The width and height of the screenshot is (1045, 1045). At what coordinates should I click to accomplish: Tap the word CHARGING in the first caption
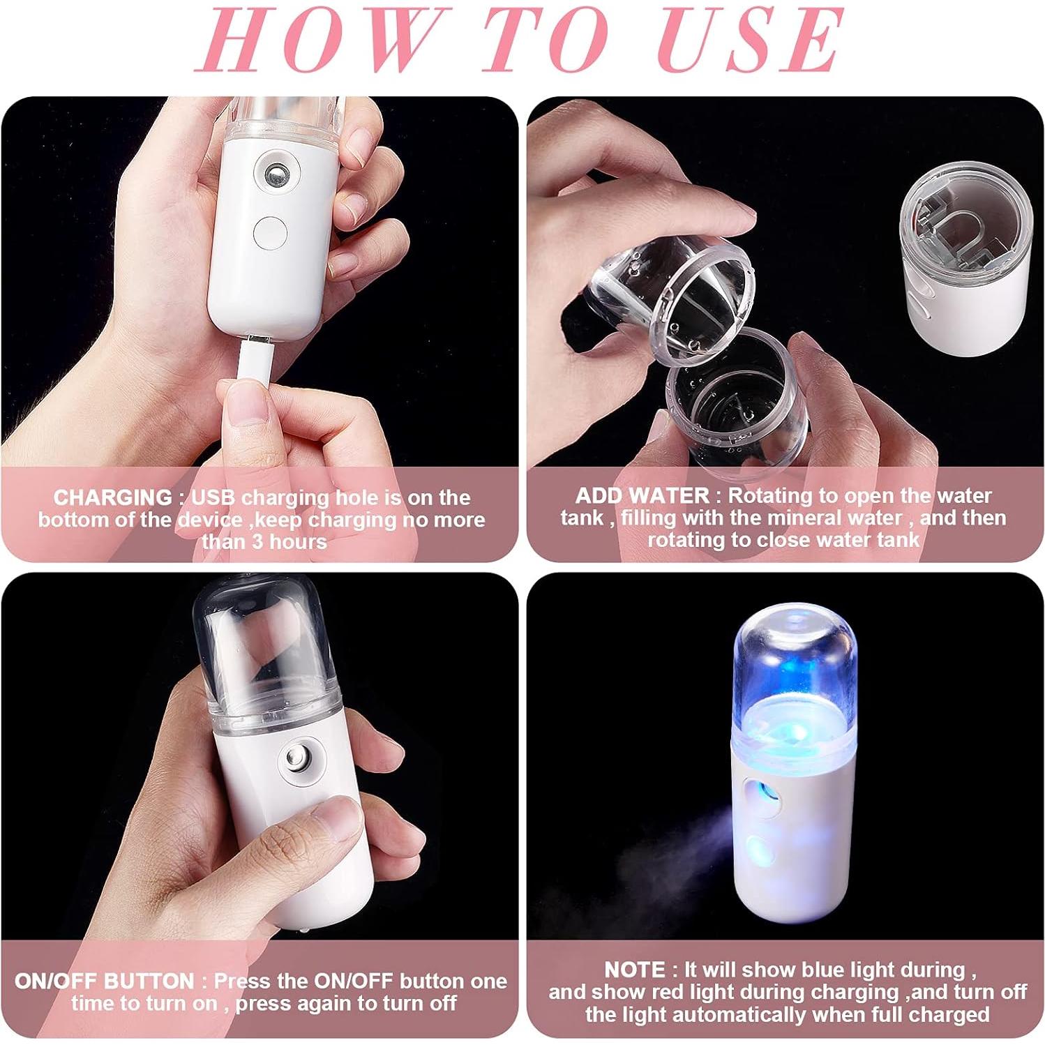tap(112, 497)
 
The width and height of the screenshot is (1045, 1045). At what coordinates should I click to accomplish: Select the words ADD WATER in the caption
tap(642, 496)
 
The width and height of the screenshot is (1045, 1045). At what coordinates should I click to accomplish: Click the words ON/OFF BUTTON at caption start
tap(105, 981)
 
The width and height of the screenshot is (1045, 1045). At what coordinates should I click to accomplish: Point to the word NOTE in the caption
tap(635, 970)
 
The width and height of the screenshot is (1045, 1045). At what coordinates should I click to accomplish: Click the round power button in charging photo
tap(270, 232)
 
